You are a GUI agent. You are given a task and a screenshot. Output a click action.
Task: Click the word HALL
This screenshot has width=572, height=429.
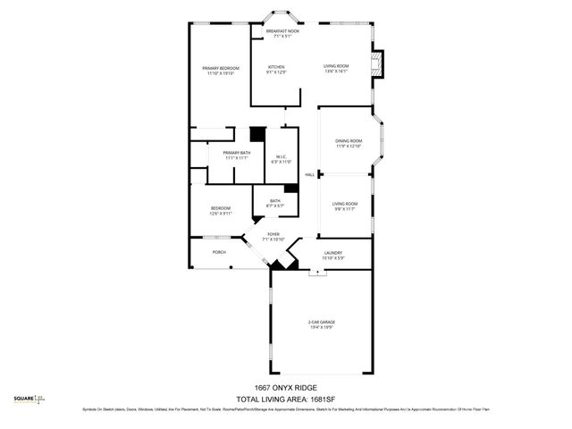click(x=309, y=174)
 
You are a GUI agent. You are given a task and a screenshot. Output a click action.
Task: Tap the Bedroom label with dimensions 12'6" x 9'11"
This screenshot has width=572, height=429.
click(x=221, y=211)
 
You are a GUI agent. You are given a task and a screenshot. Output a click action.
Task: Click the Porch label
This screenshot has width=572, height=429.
click(x=219, y=252)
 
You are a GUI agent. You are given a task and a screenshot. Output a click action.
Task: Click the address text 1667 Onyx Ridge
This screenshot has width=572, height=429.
click(x=286, y=387)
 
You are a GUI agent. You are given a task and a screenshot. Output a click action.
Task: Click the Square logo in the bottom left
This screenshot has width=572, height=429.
click(x=29, y=400)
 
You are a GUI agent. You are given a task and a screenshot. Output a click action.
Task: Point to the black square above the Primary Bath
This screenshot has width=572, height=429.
click(x=257, y=134)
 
